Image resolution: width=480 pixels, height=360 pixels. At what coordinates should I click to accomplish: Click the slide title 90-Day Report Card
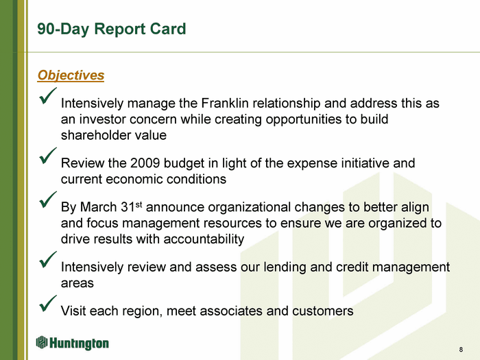111,29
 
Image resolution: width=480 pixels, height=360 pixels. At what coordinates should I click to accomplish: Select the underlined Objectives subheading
71,75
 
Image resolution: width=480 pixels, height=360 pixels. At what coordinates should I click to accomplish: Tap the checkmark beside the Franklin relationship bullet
48,96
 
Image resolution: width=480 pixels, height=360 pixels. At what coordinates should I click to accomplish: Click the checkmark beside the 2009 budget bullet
48,156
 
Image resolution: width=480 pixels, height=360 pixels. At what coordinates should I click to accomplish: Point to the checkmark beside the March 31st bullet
48,200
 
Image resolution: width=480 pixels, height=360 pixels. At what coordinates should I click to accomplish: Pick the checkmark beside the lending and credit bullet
48,260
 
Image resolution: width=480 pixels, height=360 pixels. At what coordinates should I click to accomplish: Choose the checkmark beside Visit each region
48,303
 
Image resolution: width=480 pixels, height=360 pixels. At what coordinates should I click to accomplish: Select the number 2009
145,163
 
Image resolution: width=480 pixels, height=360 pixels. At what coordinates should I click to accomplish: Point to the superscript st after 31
139,204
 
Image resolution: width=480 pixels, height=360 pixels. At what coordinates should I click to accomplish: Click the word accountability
204,239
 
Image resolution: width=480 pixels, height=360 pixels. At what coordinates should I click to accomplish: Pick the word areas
77,283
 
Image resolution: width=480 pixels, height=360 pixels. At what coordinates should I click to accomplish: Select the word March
98,207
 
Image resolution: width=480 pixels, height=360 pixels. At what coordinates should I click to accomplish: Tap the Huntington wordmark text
79,343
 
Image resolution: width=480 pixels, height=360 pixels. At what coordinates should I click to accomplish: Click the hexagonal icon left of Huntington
42,342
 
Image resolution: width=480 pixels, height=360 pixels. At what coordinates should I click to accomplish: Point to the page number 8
461,350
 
